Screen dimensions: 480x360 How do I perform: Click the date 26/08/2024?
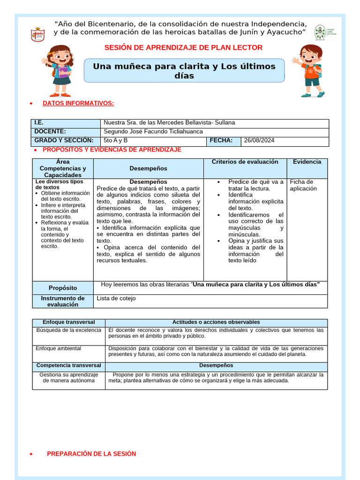point(260,140)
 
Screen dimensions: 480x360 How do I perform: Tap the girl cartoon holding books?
point(59,70)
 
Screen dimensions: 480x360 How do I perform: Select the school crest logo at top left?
point(37,34)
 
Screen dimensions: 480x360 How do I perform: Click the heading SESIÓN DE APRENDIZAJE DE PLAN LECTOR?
point(183,47)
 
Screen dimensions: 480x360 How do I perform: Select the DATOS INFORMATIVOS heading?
point(78,103)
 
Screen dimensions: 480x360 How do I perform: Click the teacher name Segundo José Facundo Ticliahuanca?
point(153,132)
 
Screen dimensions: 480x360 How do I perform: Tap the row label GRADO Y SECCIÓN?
point(64,140)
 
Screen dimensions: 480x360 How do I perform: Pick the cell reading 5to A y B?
point(115,140)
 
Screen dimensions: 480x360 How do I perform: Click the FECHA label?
point(221,140)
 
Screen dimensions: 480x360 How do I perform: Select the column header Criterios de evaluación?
point(245,162)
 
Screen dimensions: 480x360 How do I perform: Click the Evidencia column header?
point(307,162)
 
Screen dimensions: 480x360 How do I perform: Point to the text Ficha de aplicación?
point(303,185)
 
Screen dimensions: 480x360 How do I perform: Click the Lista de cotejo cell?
point(116,298)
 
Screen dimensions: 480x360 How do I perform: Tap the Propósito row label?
point(63,288)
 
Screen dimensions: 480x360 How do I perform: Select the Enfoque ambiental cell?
point(59,348)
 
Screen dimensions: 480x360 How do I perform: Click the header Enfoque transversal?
point(69,322)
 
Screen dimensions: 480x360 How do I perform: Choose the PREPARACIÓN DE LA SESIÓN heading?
point(91,454)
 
